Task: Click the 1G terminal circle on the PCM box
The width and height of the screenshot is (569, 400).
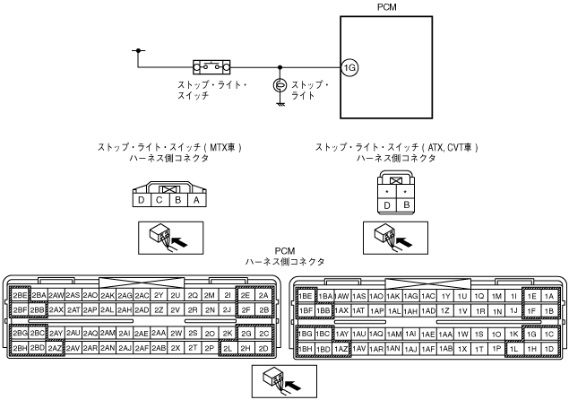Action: (x=349, y=66)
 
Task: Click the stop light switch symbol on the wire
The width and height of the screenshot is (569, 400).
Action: (x=212, y=65)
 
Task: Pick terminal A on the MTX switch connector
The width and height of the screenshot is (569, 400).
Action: (x=195, y=200)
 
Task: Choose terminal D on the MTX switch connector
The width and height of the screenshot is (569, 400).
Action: (x=141, y=200)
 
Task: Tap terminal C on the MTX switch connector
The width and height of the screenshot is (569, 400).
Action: (x=159, y=200)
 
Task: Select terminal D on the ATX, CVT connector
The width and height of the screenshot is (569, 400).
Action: (x=387, y=205)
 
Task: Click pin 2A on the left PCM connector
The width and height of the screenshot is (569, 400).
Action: (x=263, y=295)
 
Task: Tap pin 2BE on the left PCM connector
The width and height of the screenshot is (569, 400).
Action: (x=18, y=295)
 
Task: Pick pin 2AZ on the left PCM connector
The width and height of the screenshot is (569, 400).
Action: (x=56, y=347)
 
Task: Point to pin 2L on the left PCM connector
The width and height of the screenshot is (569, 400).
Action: (x=228, y=347)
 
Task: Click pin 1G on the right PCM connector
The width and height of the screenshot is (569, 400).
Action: (x=530, y=333)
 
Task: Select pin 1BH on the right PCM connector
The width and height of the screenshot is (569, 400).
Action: (x=306, y=347)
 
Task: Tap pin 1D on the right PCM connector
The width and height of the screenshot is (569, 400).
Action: (x=547, y=347)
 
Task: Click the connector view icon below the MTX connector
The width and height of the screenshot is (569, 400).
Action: (x=168, y=237)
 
